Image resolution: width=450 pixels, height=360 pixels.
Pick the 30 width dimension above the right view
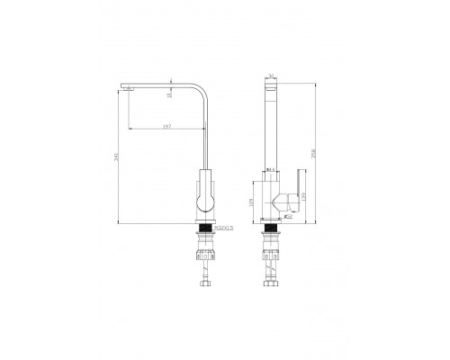click(x=269, y=76)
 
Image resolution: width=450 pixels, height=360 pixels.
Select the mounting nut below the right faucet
click(x=270, y=252)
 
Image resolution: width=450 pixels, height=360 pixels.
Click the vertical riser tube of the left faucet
click(x=204, y=135)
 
